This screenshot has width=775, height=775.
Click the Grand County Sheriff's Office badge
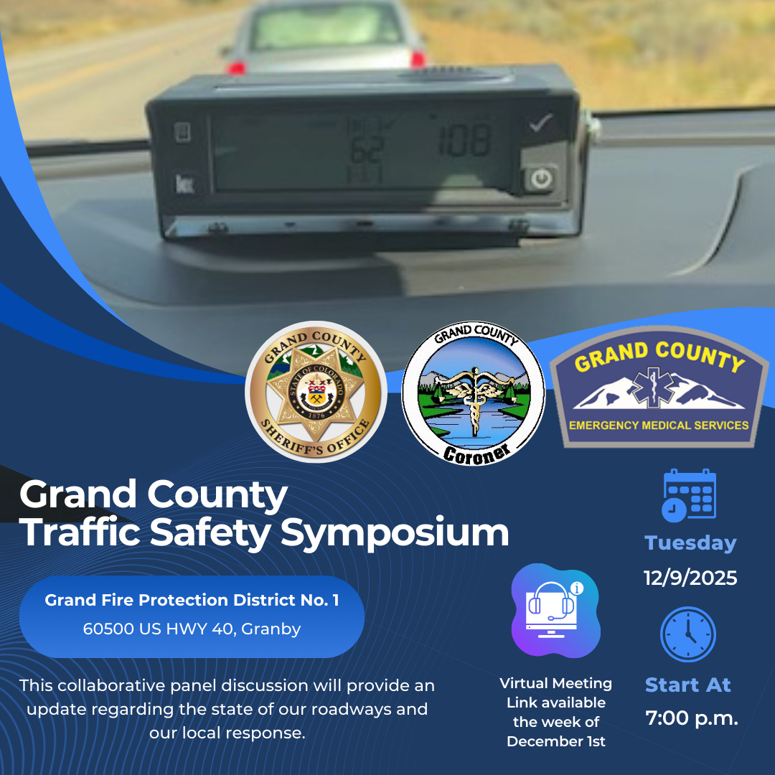tap(316, 392)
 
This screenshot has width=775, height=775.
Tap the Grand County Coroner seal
tap(473, 393)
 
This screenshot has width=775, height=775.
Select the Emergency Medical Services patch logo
tap(659, 387)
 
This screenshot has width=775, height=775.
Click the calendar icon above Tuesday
tap(689, 495)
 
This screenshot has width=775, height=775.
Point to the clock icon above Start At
tap(688, 635)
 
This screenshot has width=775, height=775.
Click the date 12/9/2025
tap(690, 578)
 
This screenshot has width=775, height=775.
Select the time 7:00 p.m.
tap(692, 718)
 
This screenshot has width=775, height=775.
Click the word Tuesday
tap(690, 543)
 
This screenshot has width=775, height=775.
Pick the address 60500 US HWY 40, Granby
tap(192, 629)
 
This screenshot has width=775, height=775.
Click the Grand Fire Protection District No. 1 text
tap(192, 600)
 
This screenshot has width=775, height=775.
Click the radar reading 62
tap(366, 149)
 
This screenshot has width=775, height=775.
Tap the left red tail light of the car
tap(237, 67)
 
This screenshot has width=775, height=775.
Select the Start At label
tap(688, 685)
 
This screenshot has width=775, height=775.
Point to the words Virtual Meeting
tap(556, 683)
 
